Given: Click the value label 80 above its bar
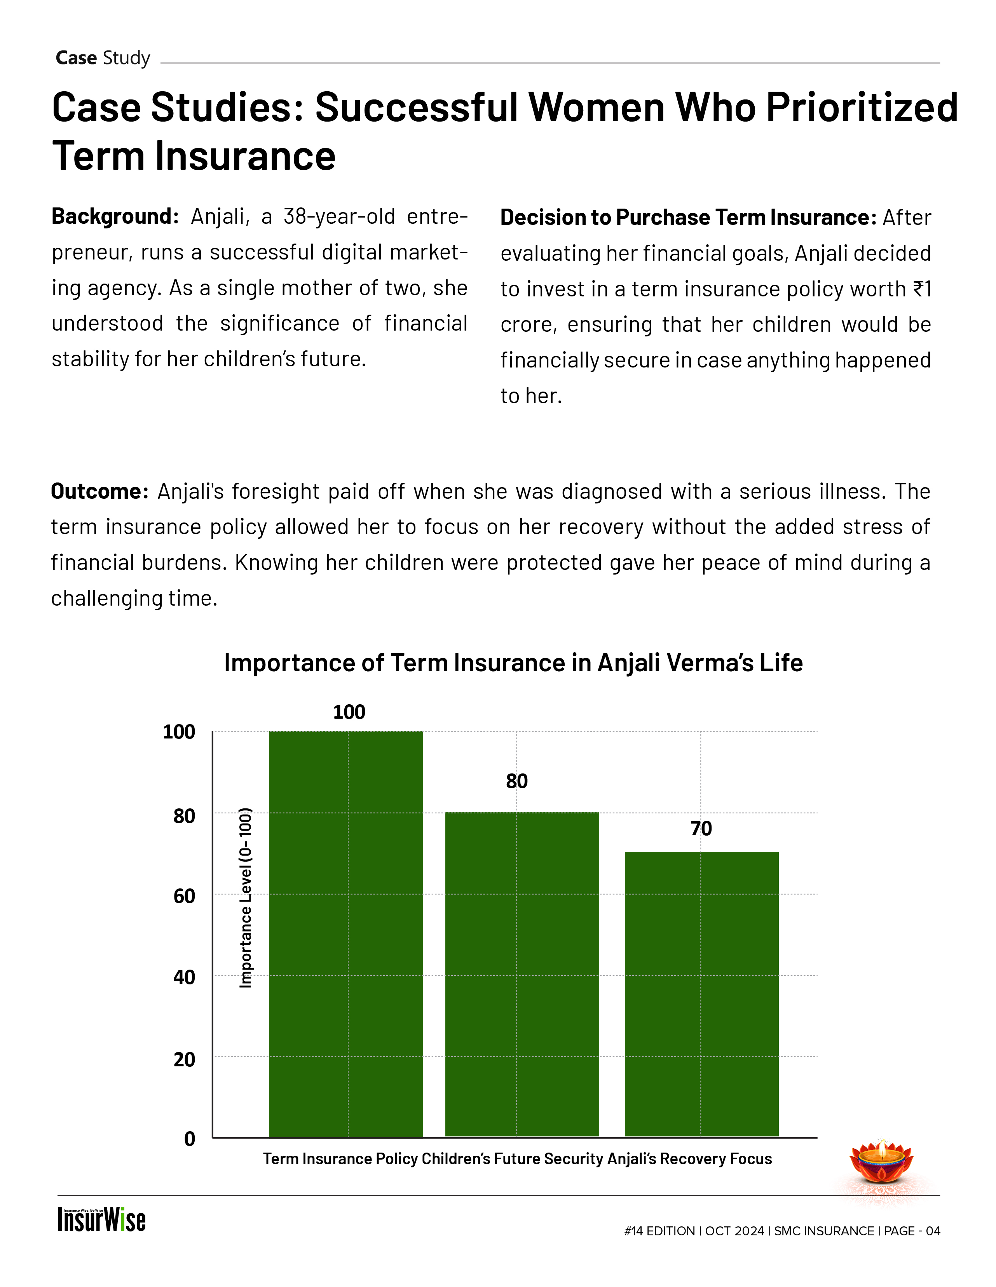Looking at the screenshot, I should [x=517, y=781].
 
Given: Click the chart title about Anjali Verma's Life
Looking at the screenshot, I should [x=513, y=663].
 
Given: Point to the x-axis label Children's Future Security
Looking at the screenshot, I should [x=513, y=1159].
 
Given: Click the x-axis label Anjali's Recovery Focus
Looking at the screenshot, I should [x=689, y=1159].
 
